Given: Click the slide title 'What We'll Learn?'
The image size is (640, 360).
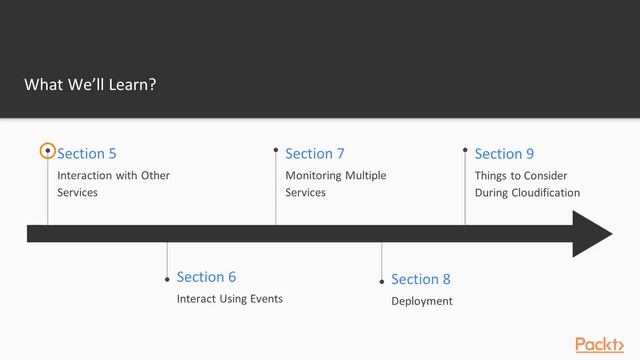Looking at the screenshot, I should tap(90, 85).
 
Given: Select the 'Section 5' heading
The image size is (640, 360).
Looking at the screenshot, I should tap(87, 153).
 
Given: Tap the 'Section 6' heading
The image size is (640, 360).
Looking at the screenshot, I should tap(206, 276).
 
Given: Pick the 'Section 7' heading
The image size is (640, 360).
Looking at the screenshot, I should tap(314, 153).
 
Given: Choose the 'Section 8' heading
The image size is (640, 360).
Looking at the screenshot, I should tap(421, 279).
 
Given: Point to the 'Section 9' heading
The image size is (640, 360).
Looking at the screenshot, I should tap(504, 153).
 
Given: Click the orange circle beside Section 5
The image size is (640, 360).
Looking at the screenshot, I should tap(47, 151).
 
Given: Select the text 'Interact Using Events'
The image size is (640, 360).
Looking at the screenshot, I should tap(229, 299).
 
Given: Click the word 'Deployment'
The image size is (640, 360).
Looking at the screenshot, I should tap(421, 301).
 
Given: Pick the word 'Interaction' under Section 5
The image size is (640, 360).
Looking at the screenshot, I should tap(86, 175).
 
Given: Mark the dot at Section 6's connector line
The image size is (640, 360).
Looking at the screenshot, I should tap(167, 279).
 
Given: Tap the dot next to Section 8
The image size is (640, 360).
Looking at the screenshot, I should tap(382, 282).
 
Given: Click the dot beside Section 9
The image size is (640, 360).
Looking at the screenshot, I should tap(465, 150).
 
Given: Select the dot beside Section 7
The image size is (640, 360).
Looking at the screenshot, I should tap(276, 150).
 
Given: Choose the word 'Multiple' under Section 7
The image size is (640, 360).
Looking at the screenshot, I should tap(366, 175).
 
